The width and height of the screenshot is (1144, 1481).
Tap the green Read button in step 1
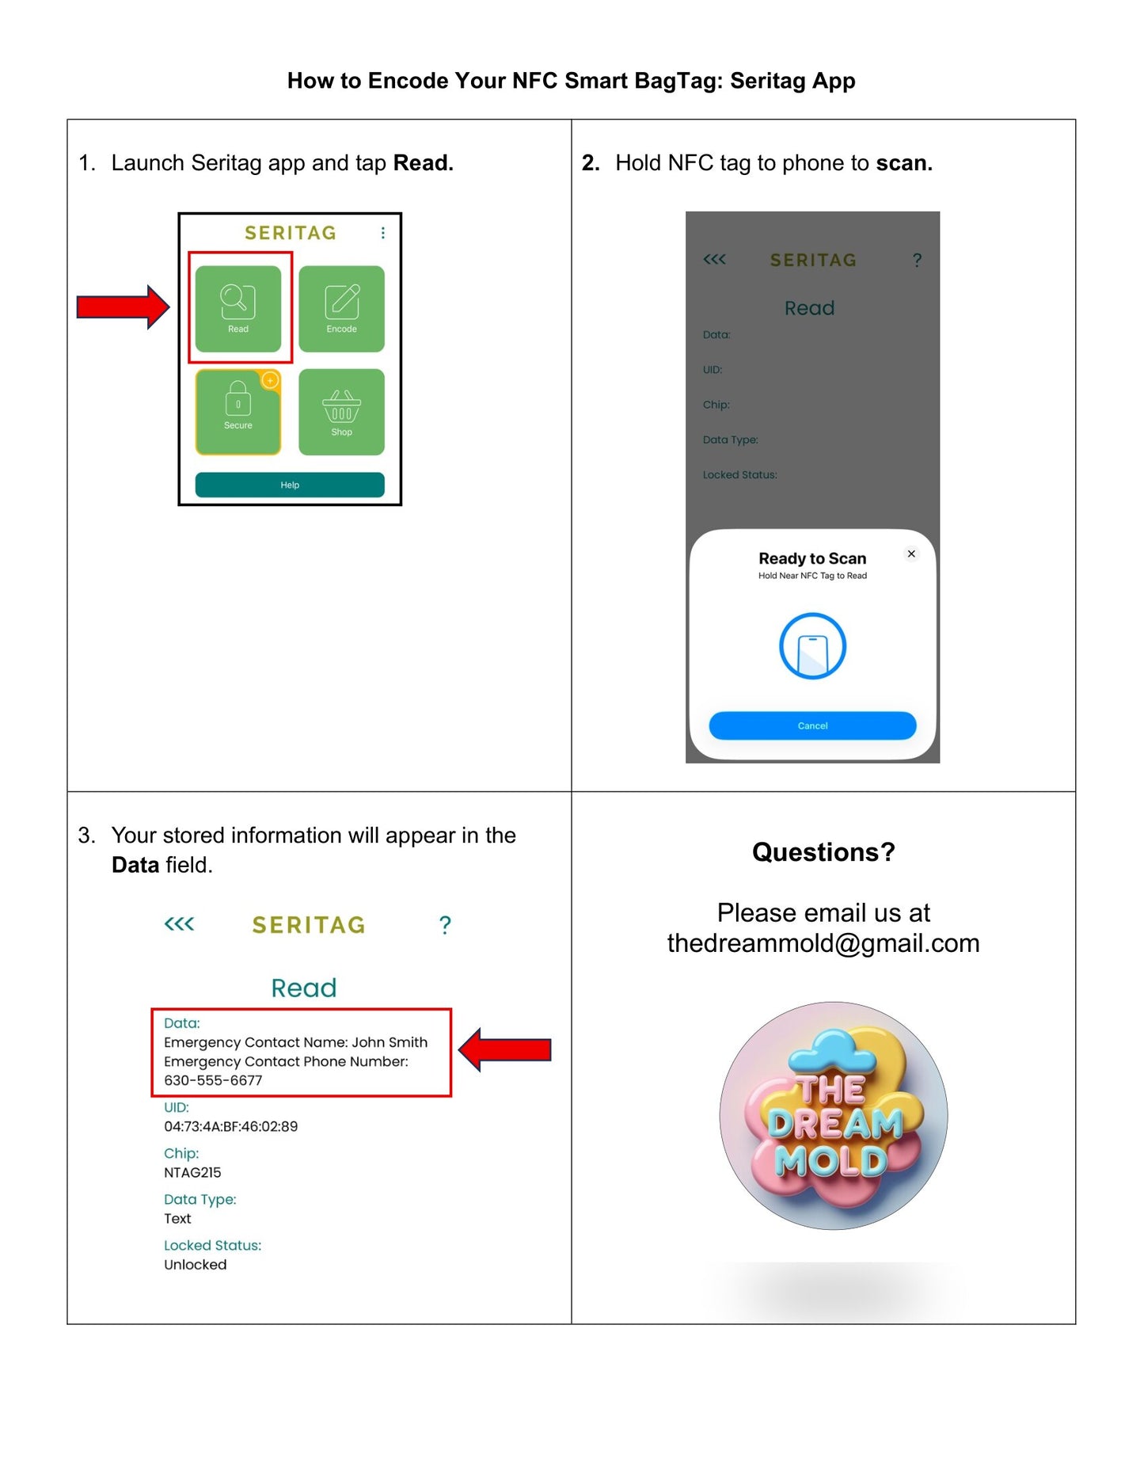238,308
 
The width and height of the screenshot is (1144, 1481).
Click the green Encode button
341,308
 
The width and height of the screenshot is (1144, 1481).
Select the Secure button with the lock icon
238,412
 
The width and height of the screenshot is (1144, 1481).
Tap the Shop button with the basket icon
341,412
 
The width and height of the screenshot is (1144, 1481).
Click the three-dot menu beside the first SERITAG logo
383,233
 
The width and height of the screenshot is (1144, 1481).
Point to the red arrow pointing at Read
123,306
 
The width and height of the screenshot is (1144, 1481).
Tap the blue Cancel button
812,725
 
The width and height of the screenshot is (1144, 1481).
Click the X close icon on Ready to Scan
911,554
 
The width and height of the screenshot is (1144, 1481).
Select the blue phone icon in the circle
812,646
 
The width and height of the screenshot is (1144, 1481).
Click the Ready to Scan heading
812,558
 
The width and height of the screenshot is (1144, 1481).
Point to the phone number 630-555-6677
213,1080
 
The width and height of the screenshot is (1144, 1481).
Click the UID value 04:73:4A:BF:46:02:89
230,1126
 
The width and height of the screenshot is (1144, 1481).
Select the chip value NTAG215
192,1172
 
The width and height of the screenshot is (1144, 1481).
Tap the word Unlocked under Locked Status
195,1265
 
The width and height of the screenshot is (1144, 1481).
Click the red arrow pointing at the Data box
505,1050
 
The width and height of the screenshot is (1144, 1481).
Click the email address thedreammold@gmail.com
823,943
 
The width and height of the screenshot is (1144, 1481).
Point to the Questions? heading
823,852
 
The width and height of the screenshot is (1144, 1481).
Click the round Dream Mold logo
833,1115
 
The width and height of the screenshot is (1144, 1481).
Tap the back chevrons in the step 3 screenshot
179,924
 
